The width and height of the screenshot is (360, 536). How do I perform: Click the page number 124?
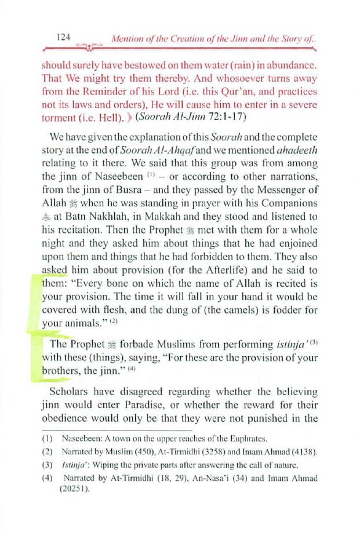tap(63, 37)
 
